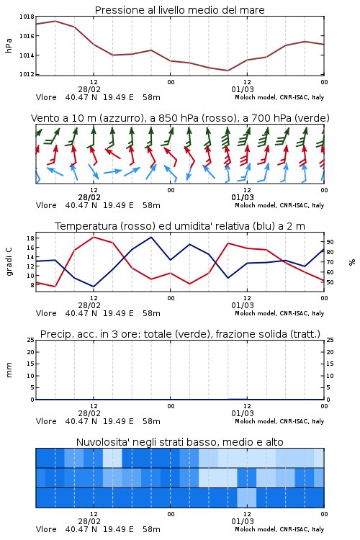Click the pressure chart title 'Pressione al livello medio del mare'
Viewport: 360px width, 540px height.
coord(179,10)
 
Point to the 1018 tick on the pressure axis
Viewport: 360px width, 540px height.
coord(27,17)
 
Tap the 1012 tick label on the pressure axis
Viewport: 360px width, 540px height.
coord(27,74)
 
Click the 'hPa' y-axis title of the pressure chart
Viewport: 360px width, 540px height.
coord(9,45)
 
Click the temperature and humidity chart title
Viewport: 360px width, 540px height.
coord(180,226)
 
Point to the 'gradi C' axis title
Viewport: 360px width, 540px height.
coord(9,261)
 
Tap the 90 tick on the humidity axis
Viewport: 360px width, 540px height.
coord(330,242)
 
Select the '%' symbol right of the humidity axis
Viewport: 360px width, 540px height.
coord(352,262)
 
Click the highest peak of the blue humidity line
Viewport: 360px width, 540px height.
coord(151,237)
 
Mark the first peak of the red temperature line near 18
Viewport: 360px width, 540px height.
coord(94,237)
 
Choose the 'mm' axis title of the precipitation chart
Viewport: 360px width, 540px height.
coord(9,370)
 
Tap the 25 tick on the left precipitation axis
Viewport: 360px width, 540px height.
coord(30,340)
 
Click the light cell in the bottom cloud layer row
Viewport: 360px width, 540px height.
coord(247,498)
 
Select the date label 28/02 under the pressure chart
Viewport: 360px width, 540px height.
coord(89,89)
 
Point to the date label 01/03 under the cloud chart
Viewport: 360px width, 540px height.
coord(243,521)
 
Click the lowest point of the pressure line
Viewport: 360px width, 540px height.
coord(228,71)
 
